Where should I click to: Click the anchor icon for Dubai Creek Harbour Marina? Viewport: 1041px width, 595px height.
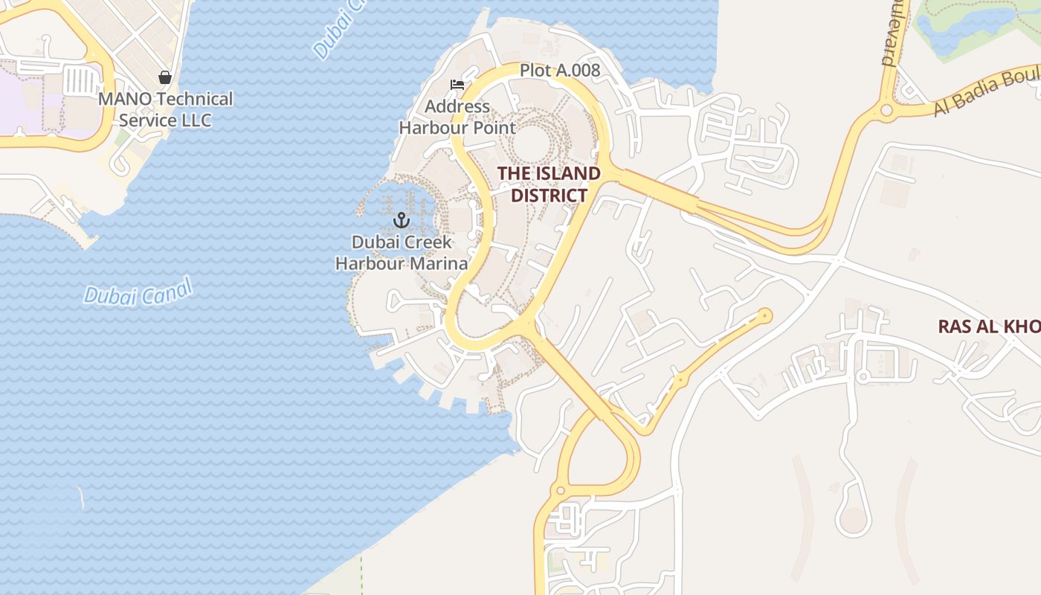point(402,220)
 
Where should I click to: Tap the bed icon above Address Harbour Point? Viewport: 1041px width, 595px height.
point(457,85)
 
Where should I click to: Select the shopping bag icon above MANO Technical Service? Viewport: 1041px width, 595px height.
point(165,77)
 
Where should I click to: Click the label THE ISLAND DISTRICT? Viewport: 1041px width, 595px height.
point(549,184)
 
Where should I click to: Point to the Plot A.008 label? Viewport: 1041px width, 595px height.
point(559,71)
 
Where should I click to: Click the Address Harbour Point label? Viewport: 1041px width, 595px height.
point(457,117)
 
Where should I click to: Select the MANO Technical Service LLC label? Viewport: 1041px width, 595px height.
point(166,109)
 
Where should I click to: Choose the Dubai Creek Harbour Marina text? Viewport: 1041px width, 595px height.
point(402,253)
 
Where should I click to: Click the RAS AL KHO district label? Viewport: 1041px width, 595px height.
point(988,327)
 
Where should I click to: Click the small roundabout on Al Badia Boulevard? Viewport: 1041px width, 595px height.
point(886,111)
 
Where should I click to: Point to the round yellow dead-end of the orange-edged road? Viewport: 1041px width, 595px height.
point(764,316)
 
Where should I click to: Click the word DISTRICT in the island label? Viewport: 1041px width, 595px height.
point(549,196)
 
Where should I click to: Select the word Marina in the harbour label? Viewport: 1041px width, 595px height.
point(442,263)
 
